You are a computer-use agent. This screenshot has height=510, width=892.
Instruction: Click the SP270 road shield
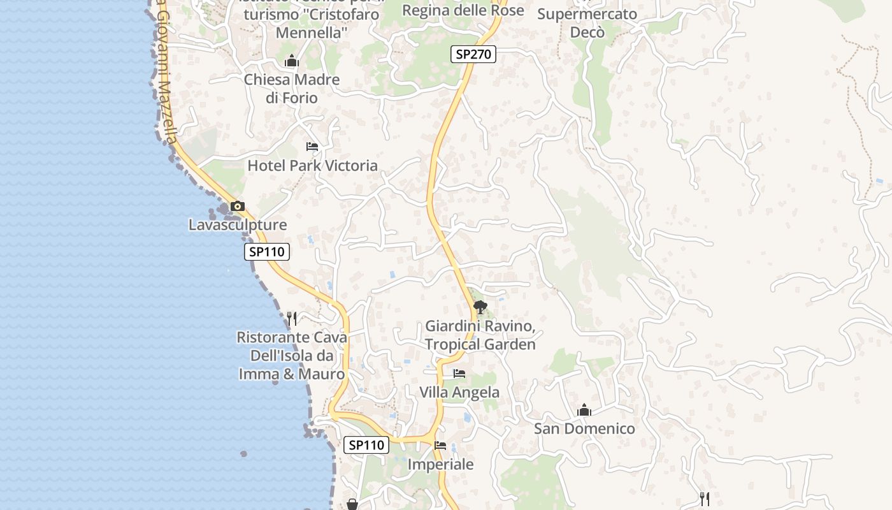point(473,54)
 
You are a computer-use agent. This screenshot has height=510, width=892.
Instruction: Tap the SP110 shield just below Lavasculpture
point(267,252)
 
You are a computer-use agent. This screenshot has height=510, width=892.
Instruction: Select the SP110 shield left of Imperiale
point(366,445)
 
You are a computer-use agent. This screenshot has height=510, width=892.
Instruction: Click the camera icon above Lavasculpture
point(238,206)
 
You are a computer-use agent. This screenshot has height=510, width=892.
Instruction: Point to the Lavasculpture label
point(238,225)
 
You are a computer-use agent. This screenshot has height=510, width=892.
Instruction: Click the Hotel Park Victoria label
point(312,166)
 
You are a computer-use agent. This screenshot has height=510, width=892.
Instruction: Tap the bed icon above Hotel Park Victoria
point(312,147)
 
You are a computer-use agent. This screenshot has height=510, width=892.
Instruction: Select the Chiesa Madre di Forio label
point(292,89)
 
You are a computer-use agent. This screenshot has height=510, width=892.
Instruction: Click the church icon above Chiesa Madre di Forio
point(292,61)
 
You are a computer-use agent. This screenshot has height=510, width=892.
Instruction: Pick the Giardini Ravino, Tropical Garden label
point(480,335)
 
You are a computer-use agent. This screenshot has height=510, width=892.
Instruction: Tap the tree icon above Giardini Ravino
point(480,308)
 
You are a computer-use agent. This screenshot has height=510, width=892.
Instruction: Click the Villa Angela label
point(459,392)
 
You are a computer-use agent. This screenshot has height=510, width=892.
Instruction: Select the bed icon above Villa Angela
point(459,374)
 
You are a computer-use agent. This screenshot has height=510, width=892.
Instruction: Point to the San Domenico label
point(584,428)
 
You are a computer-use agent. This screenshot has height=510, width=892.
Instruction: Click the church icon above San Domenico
point(584,411)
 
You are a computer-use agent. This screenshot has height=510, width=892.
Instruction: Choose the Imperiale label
point(440,465)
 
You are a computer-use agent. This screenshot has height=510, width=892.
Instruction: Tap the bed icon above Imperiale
point(440,446)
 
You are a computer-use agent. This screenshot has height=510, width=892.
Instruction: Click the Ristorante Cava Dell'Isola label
point(292,356)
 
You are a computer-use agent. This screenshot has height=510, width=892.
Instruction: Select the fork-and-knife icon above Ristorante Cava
point(292,318)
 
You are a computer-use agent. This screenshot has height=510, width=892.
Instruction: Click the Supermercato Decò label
point(587,23)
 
